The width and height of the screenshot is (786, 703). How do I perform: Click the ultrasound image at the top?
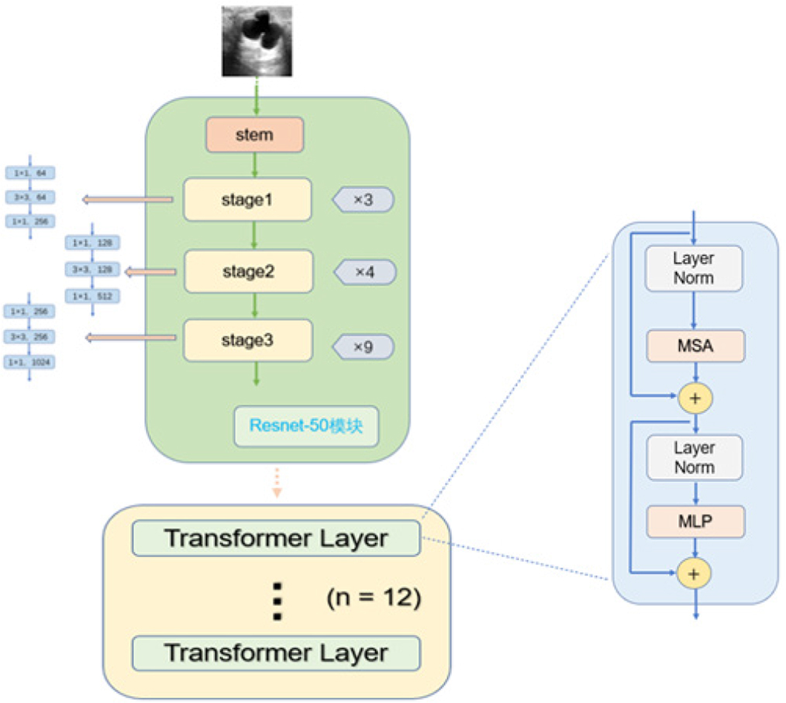[257, 40]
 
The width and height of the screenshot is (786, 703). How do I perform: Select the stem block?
[254, 135]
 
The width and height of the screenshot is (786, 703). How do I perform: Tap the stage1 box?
[247, 200]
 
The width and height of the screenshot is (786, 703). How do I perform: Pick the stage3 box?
[247, 339]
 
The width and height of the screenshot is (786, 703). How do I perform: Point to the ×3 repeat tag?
[364, 200]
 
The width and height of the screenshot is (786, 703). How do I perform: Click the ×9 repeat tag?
[364, 346]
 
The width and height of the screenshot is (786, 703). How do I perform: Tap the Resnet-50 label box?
[306, 426]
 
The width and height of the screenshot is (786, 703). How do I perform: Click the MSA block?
[695, 346]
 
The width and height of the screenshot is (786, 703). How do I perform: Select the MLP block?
[695, 522]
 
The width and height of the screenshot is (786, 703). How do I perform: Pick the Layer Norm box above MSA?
[695, 268]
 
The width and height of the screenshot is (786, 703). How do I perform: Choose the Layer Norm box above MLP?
[695, 457]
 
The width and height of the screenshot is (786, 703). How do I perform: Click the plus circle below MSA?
[695, 398]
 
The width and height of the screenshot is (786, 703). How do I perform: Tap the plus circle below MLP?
[695, 574]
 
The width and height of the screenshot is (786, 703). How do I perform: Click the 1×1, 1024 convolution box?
[30, 362]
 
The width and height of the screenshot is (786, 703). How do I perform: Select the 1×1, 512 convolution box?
[92, 295]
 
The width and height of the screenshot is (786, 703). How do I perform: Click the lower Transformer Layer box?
[276, 653]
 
